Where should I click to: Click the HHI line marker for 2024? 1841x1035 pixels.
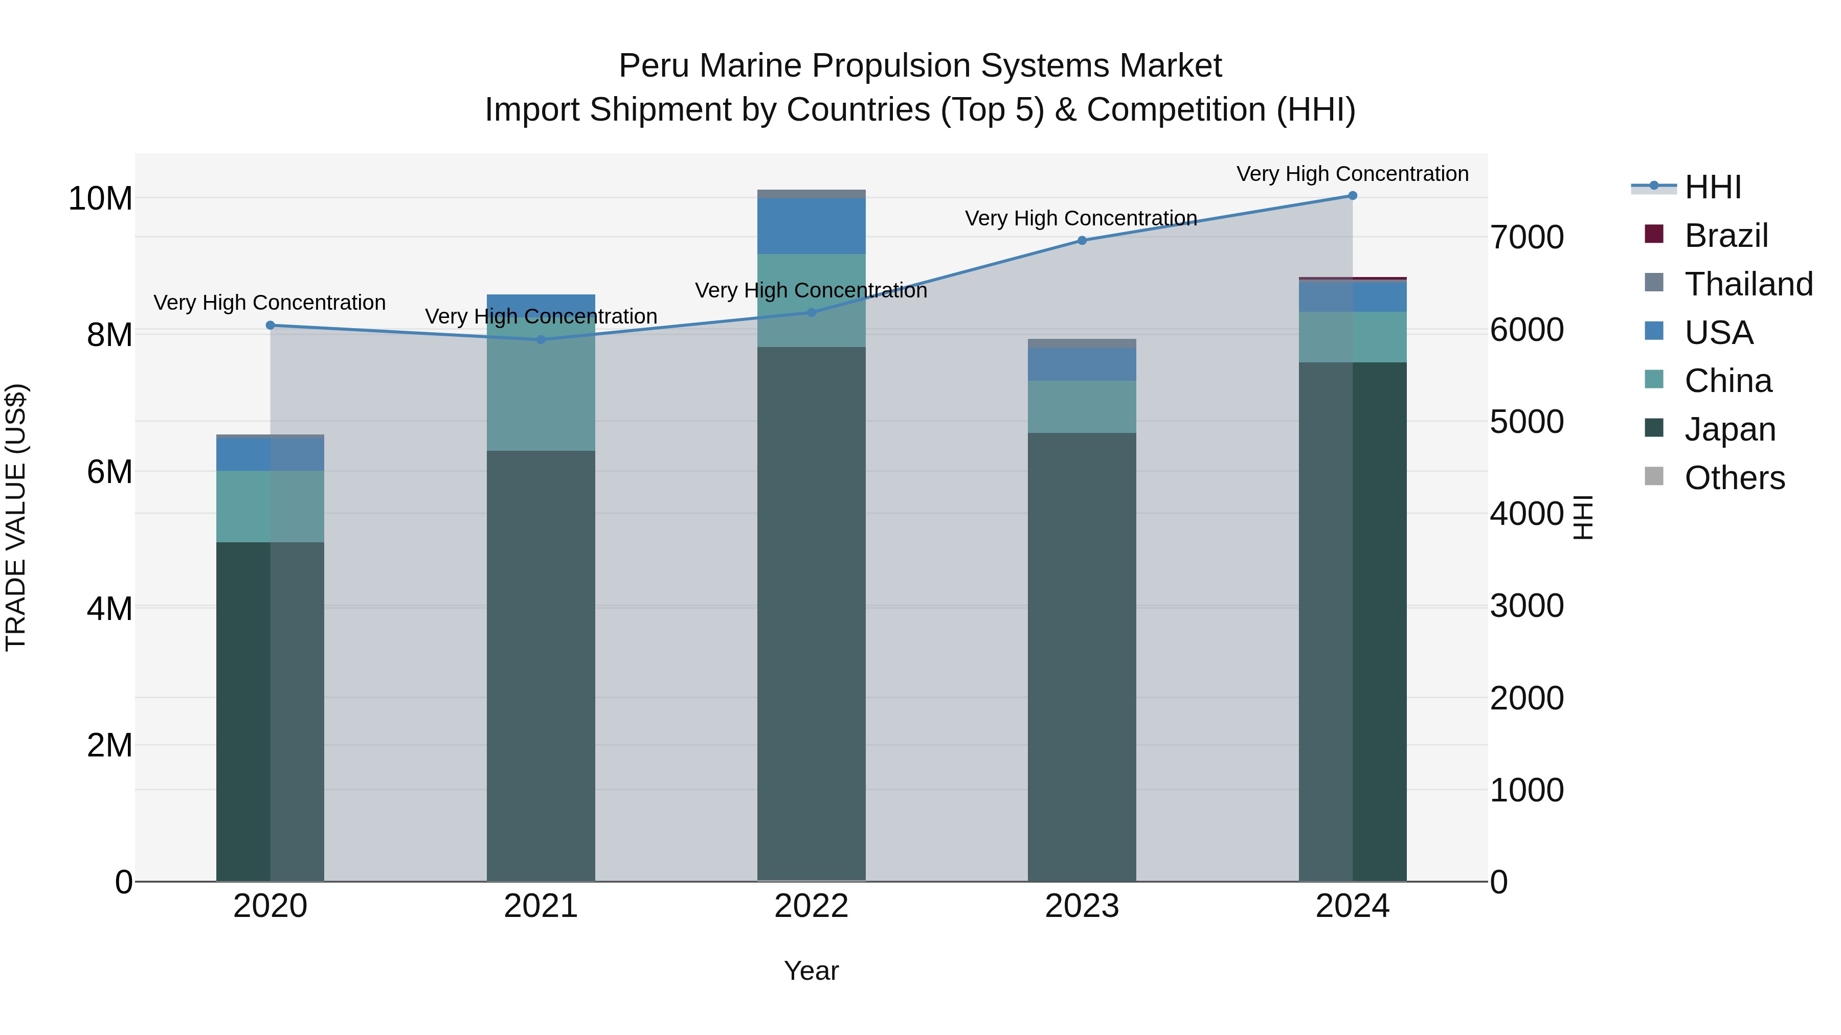[x=1352, y=196]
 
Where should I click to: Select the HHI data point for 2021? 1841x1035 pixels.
[x=541, y=339]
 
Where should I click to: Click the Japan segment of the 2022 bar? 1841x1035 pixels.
[x=811, y=614]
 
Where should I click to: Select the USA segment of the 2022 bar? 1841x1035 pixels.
[x=811, y=226]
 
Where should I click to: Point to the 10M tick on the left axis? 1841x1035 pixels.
[x=100, y=199]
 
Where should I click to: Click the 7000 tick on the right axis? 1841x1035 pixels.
[x=1526, y=237]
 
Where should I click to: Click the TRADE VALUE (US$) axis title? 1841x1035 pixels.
[x=16, y=517]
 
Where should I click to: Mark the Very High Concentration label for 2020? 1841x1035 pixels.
[x=270, y=303]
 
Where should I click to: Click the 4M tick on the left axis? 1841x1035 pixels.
[x=109, y=609]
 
